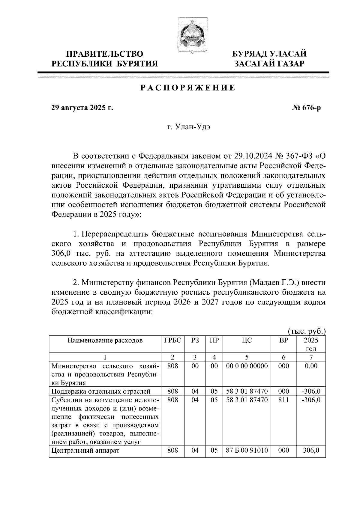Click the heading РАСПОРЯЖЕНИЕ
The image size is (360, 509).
tap(188, 88)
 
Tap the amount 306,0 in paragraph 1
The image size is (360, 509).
tap(61, 253)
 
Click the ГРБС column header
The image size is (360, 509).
tap(173, 340)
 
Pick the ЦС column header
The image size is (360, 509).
tap(247, 340)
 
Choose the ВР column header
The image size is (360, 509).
tap(283, 340)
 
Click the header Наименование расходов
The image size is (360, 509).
tap(105, 340)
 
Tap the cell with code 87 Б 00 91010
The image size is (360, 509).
tap(247, 450)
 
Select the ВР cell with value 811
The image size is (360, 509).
tap(283, 400)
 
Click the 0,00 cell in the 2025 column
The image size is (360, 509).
tap(311, 366)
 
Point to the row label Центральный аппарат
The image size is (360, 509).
tap(85, 451)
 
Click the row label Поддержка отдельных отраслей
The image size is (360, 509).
tap(101, 391)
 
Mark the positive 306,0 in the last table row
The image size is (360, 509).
tap(311, 450)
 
